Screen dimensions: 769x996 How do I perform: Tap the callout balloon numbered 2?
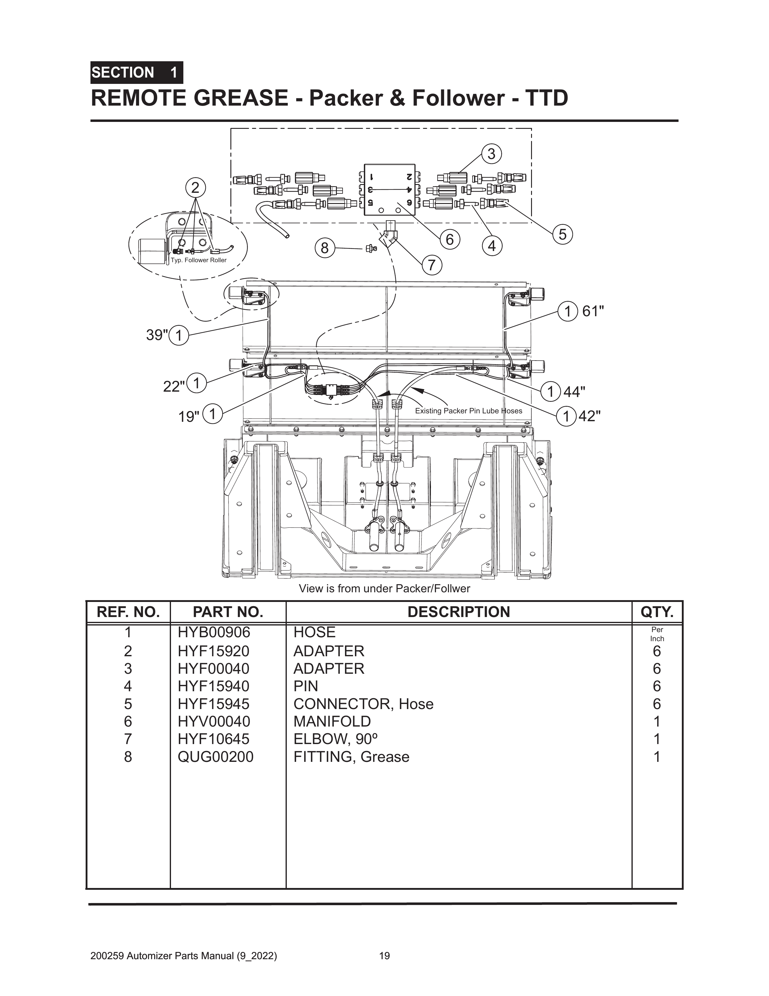click(x=195, y=188)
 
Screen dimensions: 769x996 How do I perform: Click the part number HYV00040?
click(x=214, y=721)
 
